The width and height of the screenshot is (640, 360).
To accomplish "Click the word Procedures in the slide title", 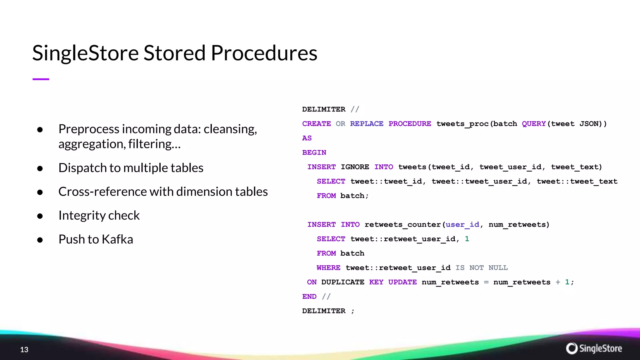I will (x=264, y=53).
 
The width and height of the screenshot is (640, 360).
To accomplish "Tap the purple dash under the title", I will (x=41, y=79).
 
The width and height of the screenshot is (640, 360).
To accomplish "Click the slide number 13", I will (x=24, y=350).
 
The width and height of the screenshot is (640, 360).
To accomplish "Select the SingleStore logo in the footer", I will (x=594, y=348).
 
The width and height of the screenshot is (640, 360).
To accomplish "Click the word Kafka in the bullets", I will (x=117, y=239).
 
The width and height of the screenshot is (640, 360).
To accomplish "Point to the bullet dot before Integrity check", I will (x=40, y=216).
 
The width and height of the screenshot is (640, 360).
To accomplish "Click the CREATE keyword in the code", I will (x=316, y=124).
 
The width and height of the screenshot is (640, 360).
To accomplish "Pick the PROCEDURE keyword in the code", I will (x=410, y=124).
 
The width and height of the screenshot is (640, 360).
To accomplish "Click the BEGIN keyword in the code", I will (x=314, y=152).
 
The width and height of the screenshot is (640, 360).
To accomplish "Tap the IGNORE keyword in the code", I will (x=355, y=167).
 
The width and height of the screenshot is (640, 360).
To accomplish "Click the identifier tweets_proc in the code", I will (x=462, y=124).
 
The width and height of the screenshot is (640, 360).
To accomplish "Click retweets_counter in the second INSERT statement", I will (x=402, y=225).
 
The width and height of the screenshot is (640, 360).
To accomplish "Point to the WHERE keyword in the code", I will (x=328, y=268).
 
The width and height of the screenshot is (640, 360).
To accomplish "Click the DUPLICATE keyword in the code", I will (x=342, y=282).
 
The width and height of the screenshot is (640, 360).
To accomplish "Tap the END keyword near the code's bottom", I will (x=309, y=297).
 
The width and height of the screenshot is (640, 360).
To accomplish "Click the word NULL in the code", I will (x=498, y=268).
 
